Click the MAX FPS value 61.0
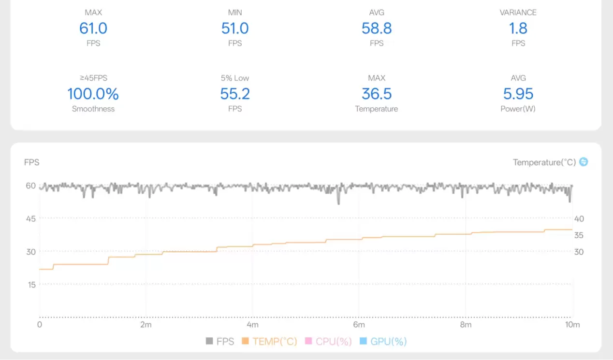[x=93, y=29]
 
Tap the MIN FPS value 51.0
[x=235, y=29]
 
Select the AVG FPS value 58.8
[x=377, y=29]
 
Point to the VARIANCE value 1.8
[x=518, y=29]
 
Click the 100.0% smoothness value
[x=93, y=94]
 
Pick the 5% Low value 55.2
[x=235, y=94]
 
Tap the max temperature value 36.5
[x=377, y=94]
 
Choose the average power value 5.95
[x=518, y=94]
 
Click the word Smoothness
[x=93, y=109]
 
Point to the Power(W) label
[x=518, y=109]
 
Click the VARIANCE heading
[x=518, y=13]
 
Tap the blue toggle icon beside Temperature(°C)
[x=584, y=162]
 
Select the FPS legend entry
[x=220, y=342]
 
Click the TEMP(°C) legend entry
[x=270, y=342]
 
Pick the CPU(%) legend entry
[x=328, y=342]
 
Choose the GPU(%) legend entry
[x=383, y=342]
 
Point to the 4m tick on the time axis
[x=252, y=325]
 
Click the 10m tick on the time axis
[x=572, y=325]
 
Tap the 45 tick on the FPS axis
[x=31, y=218]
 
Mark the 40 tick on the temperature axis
[x=579, y=218]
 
